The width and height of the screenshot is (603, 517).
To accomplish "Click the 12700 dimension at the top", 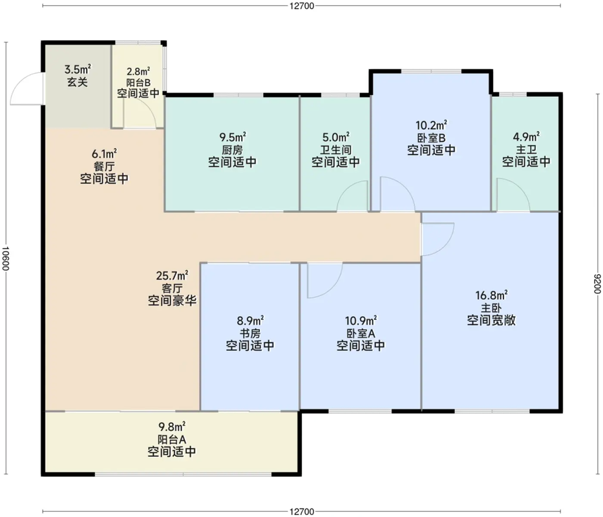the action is click(x=301, y=5).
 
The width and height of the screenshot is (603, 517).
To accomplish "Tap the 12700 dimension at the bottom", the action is click(x=301, y=511).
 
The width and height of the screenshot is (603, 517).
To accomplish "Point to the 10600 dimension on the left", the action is click(x=5, y=258).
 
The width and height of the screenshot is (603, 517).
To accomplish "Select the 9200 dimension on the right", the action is click(x=597, y=284).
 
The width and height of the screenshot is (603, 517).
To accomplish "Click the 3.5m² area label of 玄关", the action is click(x=78, y=70).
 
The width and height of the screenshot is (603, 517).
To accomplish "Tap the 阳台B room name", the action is click(x=138, y=82).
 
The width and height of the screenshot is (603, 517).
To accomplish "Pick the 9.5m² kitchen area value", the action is click(x=233, y=137).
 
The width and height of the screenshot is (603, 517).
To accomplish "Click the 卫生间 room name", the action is click(x=335, y=149).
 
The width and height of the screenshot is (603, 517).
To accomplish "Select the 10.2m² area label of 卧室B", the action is click(x=431, y=125).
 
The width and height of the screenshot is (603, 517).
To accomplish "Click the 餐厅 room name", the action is click(x=104, y=166).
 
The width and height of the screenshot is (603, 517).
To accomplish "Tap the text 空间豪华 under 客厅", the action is click(x=172, y=300).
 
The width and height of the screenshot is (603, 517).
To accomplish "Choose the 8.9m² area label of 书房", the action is click(x=250, y=321).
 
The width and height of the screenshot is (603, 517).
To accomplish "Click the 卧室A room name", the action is click(x=361, y=333).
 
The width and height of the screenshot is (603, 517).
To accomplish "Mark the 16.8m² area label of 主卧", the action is click(x=491, y=295).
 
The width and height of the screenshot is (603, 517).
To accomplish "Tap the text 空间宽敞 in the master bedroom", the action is click(x=491, y=320).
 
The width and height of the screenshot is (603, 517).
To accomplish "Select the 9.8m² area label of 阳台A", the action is click(x=172, y=427).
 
